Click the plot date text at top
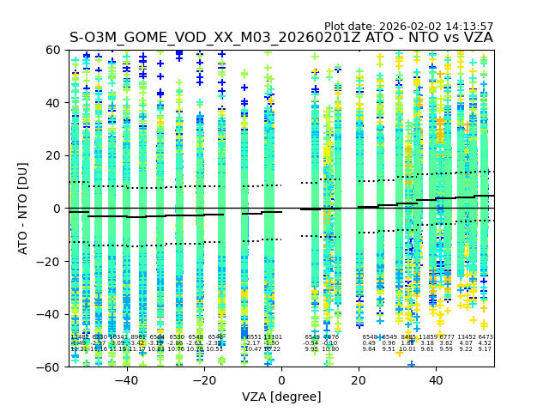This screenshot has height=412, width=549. [x=408, y=27]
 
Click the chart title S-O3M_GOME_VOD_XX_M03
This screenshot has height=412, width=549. [x=281, y=39]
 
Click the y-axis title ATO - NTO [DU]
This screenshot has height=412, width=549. [x=23, y=209]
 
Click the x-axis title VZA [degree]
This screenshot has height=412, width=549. [x=281, y=397]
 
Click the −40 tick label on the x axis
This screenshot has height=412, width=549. [x=126, y=380]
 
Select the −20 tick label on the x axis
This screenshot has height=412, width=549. [x=203, y=380]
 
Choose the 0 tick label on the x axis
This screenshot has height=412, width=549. [x=281, y=380]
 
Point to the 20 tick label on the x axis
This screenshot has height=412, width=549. [x=359, y=380]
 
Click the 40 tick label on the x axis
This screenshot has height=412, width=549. [x=436, y=380]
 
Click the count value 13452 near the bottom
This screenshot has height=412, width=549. [x=466, y=337]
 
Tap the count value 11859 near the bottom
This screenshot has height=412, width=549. [x=427, y=337]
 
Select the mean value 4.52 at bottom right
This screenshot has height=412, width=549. [x=485, y=343]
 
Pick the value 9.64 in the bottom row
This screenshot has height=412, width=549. [x=369, y=349]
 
